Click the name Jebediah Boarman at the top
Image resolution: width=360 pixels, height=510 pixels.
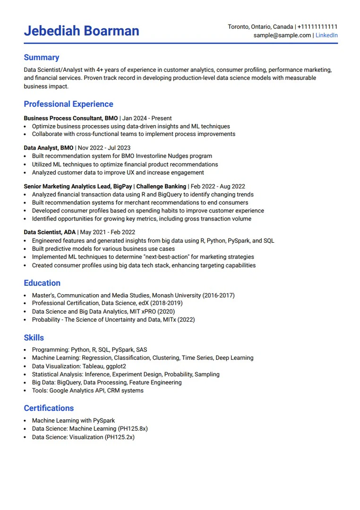tap(81, 31)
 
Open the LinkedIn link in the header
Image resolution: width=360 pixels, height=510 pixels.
tap(326, 35)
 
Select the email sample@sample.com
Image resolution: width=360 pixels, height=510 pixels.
tap(282, 35)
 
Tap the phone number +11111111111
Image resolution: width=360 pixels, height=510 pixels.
tap(317, 27)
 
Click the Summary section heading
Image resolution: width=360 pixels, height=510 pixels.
tap(42, 58)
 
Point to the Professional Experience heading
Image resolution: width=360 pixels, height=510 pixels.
tap(69, 104)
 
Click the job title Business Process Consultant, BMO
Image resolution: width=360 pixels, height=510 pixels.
tap(71, 118)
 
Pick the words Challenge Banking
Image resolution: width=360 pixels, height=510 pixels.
tap(161, 187)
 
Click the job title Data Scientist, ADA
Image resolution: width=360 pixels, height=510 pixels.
tap(50, 232)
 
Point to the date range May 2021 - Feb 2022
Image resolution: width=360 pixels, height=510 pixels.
tap(108, 232)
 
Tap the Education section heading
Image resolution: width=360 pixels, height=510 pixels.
tap(42, 283)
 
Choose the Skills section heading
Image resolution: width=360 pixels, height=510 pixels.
tap(34, 338)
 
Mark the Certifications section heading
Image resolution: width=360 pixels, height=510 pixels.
tap(49, 408)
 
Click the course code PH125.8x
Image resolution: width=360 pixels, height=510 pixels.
tap(133, 429)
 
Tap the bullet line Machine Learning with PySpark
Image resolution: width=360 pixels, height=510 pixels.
tap(73, 420)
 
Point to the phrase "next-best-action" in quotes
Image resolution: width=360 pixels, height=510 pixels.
tap(163, 257)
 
